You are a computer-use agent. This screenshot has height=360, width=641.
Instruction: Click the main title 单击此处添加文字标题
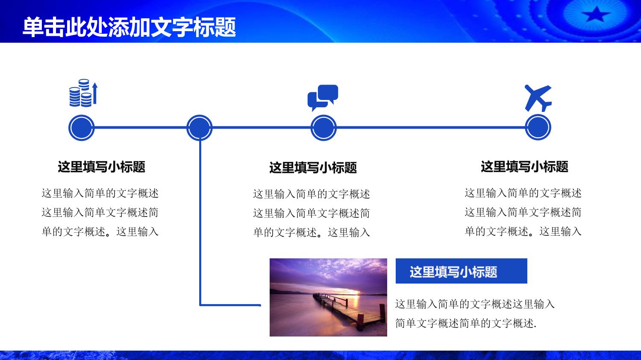129,27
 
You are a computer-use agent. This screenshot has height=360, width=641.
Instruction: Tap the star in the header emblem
597,14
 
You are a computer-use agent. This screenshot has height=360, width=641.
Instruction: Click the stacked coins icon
83,93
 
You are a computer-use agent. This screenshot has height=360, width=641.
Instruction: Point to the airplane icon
538,98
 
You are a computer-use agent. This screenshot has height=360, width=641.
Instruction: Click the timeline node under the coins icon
81,128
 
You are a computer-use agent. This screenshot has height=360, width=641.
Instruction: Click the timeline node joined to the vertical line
199,128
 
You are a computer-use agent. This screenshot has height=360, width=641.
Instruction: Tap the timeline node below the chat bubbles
323,128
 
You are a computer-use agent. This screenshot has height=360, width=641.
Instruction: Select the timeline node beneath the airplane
538,127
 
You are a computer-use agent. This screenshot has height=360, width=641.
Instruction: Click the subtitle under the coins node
102,167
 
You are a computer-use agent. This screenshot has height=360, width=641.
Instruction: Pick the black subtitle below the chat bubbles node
313,167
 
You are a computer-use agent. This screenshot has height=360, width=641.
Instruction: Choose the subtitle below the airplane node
524,167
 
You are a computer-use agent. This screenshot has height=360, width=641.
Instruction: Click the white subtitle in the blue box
453,272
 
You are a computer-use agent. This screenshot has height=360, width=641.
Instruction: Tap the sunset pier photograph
328,297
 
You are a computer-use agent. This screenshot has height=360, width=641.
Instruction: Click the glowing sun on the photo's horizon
355,292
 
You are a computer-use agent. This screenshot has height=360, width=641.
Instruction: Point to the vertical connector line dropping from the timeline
200,223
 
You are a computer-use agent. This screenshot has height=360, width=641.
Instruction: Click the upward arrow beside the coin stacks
95,93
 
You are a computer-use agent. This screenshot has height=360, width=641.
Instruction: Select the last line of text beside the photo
466,323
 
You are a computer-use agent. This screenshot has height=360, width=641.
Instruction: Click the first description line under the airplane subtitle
523,193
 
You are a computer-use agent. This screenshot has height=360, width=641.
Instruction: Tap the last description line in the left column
100,231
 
